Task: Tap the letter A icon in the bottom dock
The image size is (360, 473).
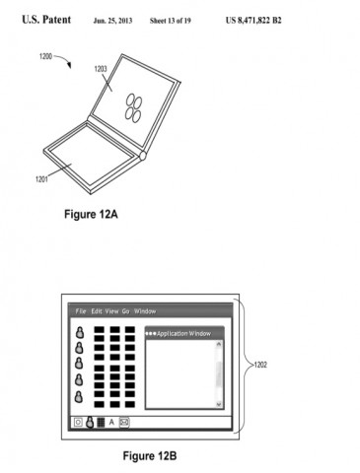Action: click(x=112, y=422)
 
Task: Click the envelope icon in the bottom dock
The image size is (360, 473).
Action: click(x=124, y=422)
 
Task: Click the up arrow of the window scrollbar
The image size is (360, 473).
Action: click(x=218, y=344)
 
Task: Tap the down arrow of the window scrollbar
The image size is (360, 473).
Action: click(x=218, y=403)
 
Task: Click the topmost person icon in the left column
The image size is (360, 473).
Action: click(x=79, y=333)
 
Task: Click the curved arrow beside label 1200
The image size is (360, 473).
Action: click(x=60, y=64)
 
